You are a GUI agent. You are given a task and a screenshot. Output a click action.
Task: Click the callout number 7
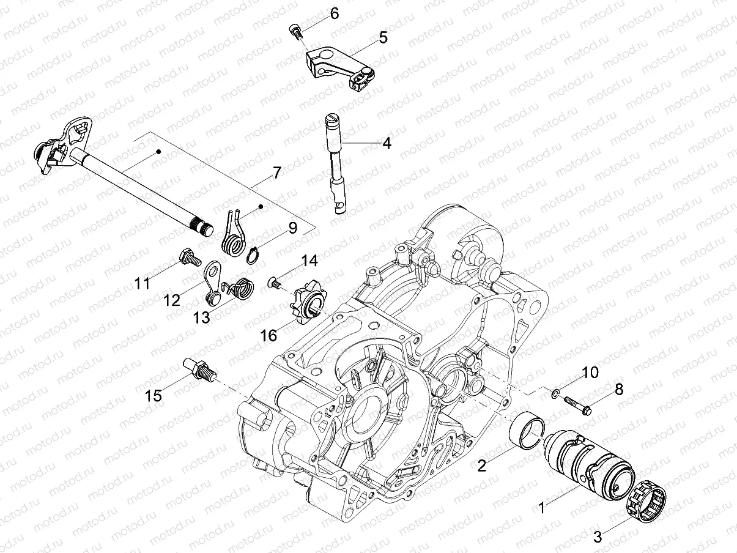click(276, 173)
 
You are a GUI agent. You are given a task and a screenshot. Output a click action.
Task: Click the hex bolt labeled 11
click(187, 258)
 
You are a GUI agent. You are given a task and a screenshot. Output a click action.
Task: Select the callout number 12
click(172, 300)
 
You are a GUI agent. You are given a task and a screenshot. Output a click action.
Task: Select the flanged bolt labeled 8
click(575, 406)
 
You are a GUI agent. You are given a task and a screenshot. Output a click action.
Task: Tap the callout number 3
click(598, 537)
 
